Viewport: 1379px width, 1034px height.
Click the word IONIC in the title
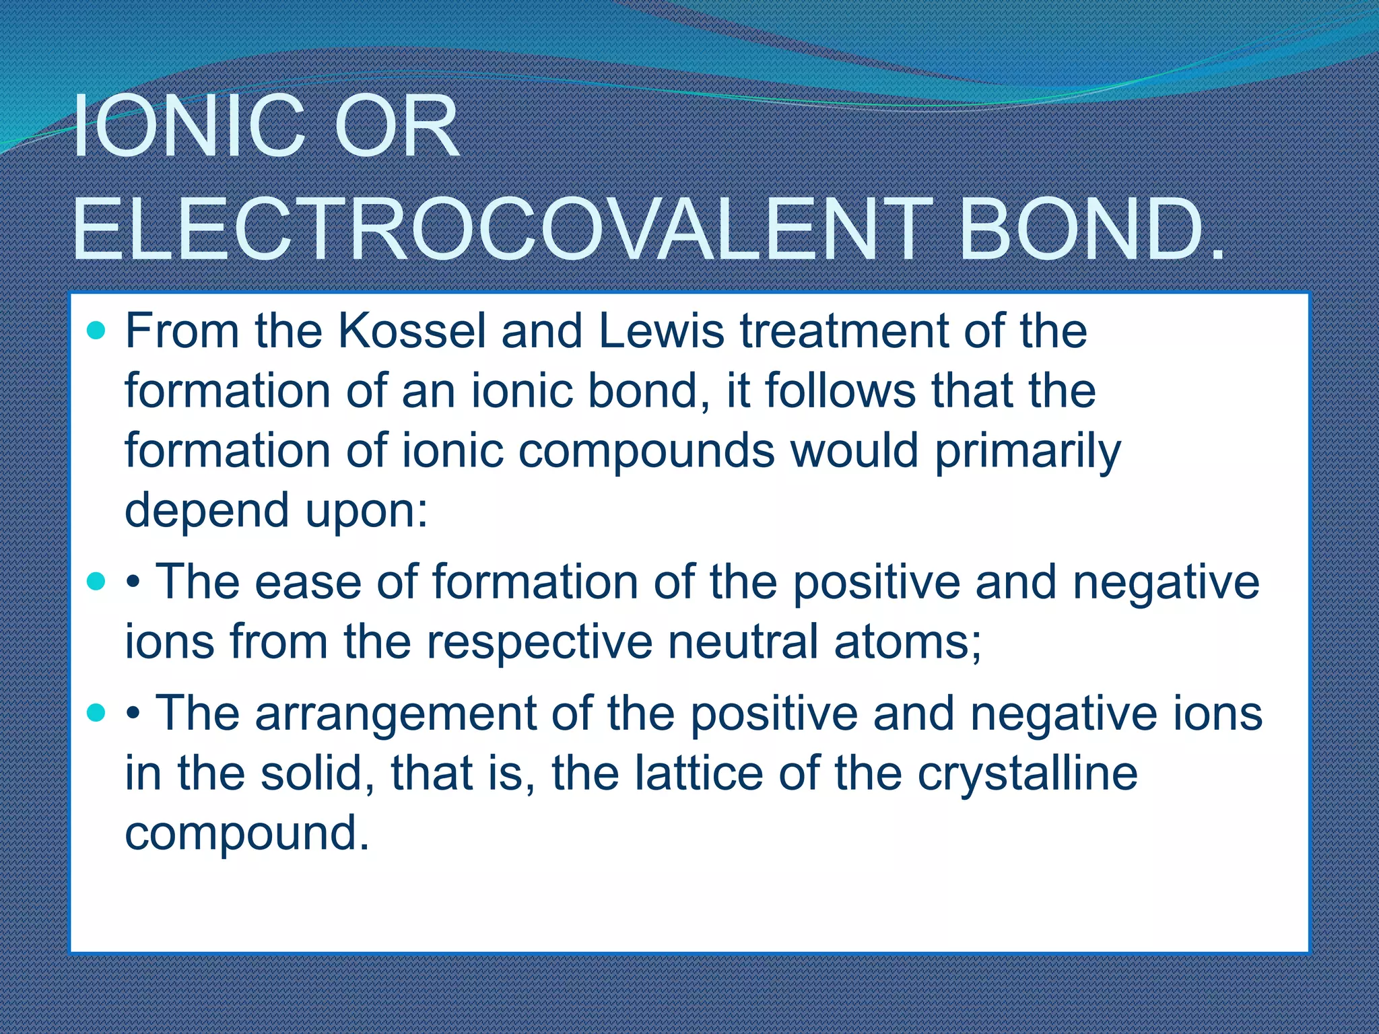[189, 127]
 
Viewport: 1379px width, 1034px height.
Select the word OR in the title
[397, 127]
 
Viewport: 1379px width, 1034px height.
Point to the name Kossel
[411, 331]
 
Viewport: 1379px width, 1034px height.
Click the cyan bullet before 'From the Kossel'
[97, 331]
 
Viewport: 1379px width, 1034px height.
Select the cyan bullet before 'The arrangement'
[97, 713]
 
